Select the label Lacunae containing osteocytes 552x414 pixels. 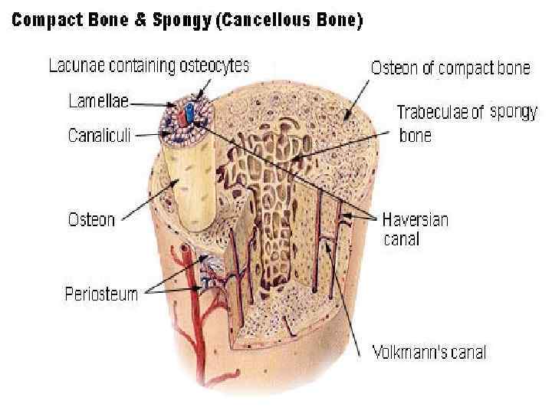[x=149, y=67]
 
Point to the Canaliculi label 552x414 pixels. [x=100, y=136]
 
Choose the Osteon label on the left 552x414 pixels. [x=91, y=219]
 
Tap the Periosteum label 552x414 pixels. [x=101, y=294]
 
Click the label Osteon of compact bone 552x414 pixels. [x=450, y=68]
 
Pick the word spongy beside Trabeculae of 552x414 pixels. [x=513, y=111]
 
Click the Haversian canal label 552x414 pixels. [x=415, y=228]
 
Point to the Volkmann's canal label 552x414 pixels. [x=429, y=353]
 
